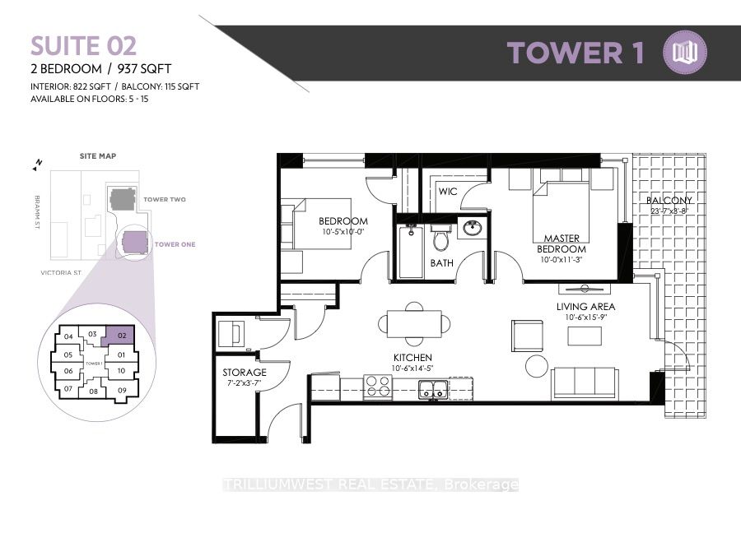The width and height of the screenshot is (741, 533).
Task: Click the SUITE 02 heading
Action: pyautogui.click(x=84, y=46)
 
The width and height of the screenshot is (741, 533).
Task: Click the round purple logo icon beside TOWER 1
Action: pyautogui.click(x=685, y=53)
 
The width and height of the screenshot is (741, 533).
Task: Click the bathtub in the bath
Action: pyautogui.click(x=409, y=250)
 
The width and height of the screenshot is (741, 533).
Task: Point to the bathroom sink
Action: pyautogui.click(x=471, y=228)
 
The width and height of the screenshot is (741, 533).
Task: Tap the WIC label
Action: pyautogui.click(x=447, y=191)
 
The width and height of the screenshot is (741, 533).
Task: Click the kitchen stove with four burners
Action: pyautogui.click(x=378, y=386)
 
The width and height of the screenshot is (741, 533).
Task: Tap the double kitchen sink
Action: pyautogui.click(x=433, y=388)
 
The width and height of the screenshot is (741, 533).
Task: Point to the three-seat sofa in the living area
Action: pyautogui.click(x=584, y=382)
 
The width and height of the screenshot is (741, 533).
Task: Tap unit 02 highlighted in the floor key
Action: pyautogui.click(x=120, y=336)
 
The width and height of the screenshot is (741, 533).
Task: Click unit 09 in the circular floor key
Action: pyautogui.click(x=121, y=390)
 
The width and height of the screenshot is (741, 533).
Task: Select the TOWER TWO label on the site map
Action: pyautogui.click(x=165, y=200)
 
